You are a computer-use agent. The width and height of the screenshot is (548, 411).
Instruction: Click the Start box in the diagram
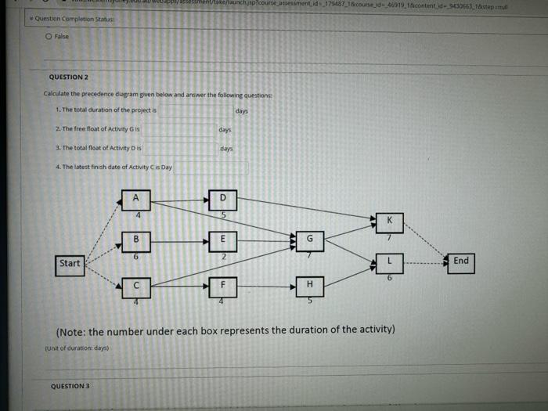click(70, 264)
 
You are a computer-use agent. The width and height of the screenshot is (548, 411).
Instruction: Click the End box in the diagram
click(461, 261)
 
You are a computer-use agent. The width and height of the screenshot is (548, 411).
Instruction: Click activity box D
click(222, 198)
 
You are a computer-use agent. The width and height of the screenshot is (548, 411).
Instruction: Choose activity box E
click(222, 239)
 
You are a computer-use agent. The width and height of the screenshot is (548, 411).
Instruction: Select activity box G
click(309, 240)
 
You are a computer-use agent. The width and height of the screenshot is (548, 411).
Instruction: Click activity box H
click(309, 285)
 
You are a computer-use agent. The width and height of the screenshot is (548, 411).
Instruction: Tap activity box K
click(389, 222)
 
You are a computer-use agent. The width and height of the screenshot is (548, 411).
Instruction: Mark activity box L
click(389, 261)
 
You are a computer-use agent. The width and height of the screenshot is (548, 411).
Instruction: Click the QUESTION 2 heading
click(69, 78)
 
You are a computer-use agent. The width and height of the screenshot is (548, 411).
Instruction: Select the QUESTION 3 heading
click(70, 386)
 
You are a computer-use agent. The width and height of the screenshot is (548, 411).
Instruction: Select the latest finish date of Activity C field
click(211, 167)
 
